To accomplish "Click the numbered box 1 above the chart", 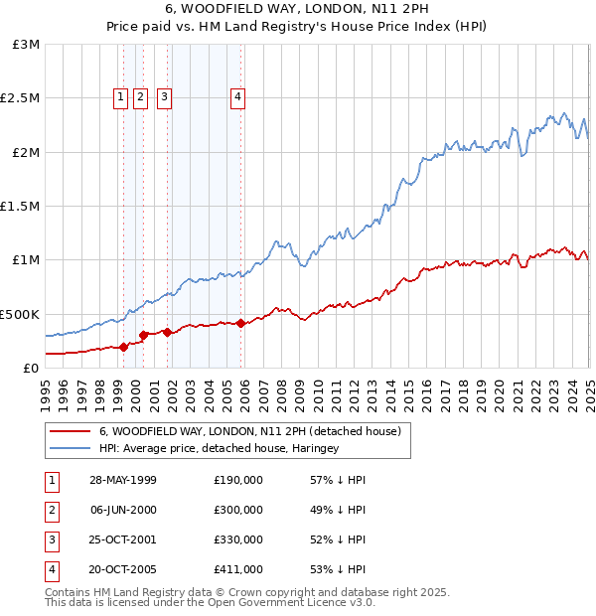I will click(120, 97).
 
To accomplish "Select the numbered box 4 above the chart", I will click(238, 97).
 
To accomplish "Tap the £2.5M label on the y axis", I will click(19, 98).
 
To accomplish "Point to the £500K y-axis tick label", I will click(19, 314).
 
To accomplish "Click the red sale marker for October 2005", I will click(241, 323).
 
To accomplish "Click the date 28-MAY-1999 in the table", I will click(123, 480).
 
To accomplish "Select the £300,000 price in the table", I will click(238, 510).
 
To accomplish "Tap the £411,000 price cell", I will click(238, 569).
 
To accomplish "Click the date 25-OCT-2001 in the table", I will click(123, 539).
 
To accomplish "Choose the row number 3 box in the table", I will click(51, 539).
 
